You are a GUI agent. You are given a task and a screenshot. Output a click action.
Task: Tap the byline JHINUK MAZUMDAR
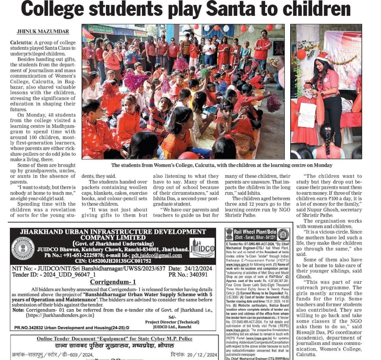coord(43,31)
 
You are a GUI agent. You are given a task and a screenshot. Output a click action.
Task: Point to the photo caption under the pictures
coord(222,165)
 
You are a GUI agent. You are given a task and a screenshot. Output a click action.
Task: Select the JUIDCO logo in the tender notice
coord(202,247)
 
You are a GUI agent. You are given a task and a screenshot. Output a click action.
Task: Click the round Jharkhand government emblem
coord(23,248)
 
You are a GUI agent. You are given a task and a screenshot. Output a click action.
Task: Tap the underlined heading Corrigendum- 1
coord(113,282)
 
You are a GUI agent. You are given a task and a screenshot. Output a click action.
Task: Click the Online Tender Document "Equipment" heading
coord(115,339)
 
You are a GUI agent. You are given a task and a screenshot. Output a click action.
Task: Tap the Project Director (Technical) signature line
coord(172,322)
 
